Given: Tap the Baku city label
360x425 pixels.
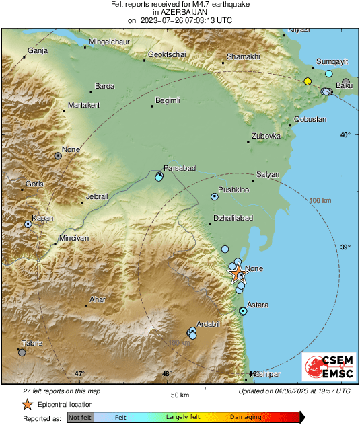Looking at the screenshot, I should coord(344,86).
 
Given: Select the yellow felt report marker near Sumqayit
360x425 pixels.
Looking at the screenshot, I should coord(308,81).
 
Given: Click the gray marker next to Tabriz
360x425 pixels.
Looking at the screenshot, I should coord(22,352).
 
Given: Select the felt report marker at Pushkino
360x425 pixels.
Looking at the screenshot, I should coord(215,197).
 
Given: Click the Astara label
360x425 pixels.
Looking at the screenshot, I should coord(258,305).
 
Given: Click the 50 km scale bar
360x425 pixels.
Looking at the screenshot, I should coord(178,389).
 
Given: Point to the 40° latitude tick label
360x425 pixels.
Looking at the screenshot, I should coord(345,135).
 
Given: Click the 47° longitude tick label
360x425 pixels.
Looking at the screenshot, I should coord(79,374).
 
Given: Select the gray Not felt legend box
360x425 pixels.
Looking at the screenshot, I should coord(79,417).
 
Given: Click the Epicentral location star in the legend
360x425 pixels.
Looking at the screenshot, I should coord(27,404).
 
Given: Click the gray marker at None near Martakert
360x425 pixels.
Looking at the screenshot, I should coord(58,155).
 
